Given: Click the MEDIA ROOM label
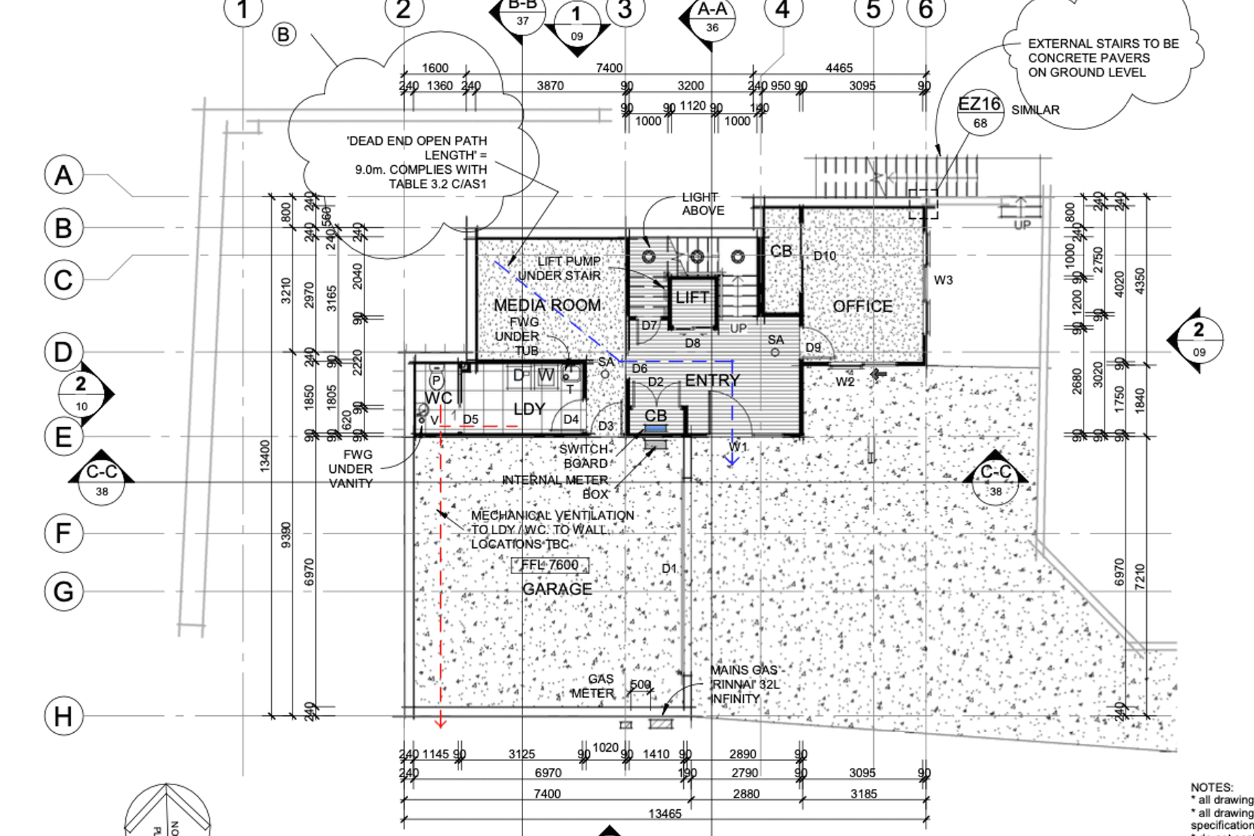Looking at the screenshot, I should point(547,305).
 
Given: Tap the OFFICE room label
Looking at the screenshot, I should point(862,306).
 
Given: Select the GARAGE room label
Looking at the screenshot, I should point(557,589).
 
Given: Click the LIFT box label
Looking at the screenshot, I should point(692,298).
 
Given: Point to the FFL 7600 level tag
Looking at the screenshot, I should point(550,565).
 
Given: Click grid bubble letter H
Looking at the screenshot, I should point(63,716).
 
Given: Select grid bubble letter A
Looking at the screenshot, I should point(63,175).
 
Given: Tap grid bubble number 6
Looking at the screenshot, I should point(925,10).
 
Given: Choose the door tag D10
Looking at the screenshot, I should point(824,256).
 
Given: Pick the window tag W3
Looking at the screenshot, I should point(943,280).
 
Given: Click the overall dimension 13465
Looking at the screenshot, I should point(665,814).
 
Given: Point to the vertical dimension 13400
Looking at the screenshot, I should point(265,455).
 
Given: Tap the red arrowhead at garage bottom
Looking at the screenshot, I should point(440,722).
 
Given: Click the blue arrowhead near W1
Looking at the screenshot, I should point(732,460).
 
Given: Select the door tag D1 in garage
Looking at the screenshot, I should point(669,568).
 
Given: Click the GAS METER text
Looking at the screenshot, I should point(593,686).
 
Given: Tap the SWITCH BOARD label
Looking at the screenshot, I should point(585,456).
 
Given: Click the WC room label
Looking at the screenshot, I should point(438,398).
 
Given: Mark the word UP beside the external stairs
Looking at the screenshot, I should point(1022,225).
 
